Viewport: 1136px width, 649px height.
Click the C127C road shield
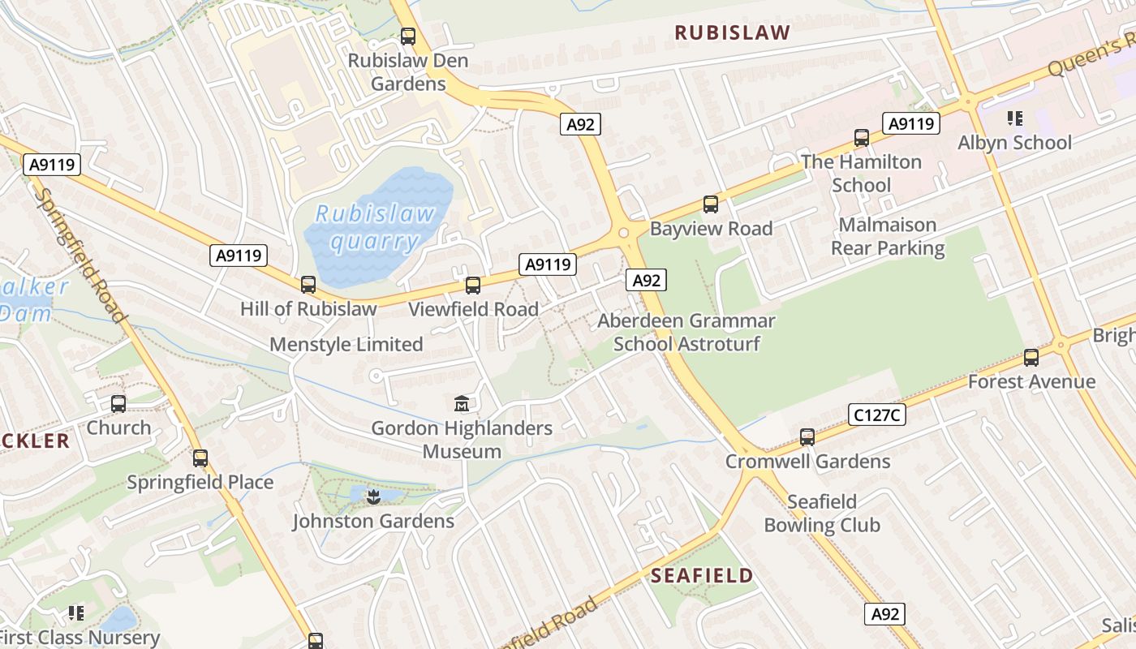(877, 415)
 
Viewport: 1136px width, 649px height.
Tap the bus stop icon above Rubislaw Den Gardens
(408, 37)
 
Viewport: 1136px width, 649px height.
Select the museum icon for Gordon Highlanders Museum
(462, 403)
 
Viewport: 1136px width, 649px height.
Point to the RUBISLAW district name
(732, 33)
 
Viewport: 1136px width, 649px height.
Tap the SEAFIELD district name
(703, 576)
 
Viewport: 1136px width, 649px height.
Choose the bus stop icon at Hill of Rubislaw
(308, 285)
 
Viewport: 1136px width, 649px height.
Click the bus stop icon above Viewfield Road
(473, 286)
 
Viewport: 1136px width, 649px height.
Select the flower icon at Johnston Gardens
(373, 496)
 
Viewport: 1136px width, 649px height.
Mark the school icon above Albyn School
(1014, 118)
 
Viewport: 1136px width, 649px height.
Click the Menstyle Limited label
(346, 344)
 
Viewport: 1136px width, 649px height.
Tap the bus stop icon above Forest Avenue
(1031, 357)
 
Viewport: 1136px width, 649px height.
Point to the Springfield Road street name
(80, 256)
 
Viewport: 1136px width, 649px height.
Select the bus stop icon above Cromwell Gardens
(807, 437)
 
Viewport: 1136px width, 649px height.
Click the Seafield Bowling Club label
(822, 514)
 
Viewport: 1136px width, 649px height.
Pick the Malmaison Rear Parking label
(888, 236)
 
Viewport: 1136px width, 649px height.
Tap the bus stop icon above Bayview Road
(711, 204)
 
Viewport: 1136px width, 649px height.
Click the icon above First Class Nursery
(76, 613)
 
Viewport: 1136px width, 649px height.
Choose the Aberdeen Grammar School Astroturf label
(686, 333)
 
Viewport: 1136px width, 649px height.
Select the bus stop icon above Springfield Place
(200, 458)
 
